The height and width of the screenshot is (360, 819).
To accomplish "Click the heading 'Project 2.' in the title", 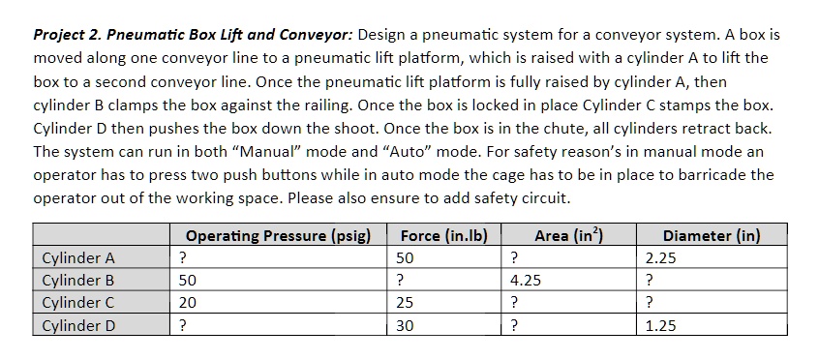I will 67,34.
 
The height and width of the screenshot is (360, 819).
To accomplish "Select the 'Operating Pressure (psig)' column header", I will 278,235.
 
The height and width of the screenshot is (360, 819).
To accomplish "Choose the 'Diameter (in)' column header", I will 712,235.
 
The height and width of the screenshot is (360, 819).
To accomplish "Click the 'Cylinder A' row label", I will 79,257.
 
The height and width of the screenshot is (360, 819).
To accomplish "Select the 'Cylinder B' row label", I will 79,281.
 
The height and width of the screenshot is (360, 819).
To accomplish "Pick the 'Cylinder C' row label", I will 79,303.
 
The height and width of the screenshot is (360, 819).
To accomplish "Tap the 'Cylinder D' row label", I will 79,326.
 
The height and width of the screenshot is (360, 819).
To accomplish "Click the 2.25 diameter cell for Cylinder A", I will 661,258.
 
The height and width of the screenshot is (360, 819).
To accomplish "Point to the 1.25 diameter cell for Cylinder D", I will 661,326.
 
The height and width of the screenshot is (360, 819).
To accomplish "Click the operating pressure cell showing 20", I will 188,304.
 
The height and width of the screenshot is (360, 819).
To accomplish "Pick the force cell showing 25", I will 405,304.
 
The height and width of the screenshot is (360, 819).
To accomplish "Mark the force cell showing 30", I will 405,326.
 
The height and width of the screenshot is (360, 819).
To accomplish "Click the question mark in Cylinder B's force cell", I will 401,281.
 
